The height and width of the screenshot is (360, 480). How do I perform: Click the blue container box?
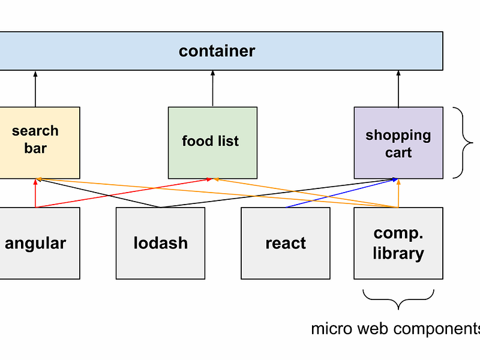coord(217,51)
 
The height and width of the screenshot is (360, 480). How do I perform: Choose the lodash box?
coord(160,243)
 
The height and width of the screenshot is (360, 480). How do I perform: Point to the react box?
coord(286,243)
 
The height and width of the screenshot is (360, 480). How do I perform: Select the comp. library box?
coord(398,243)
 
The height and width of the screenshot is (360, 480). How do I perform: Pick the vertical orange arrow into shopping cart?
coord(398,193)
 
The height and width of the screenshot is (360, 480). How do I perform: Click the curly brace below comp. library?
coord(398,298)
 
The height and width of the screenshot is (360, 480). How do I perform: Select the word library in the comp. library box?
coord(398,253)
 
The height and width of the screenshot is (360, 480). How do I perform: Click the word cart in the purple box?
coord(398,152)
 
